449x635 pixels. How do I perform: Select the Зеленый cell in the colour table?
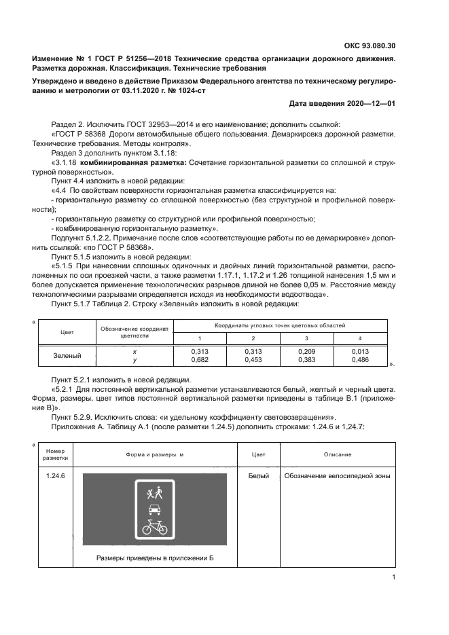click(x=67, y=355)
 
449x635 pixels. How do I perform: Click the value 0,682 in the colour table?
click(x=199, y=360)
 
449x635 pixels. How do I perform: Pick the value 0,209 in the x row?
click(x=308, y=351)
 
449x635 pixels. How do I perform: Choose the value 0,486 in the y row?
click(x=361, y=360)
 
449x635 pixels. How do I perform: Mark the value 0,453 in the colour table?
click(x=253, y=360)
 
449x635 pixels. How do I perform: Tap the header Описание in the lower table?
click(x=337, y=454)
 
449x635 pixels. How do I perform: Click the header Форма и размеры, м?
click(x=156, y=454)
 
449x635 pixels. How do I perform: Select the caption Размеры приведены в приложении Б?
click(x=156, y=558)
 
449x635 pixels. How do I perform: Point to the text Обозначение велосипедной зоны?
click(x=337, y=476)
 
